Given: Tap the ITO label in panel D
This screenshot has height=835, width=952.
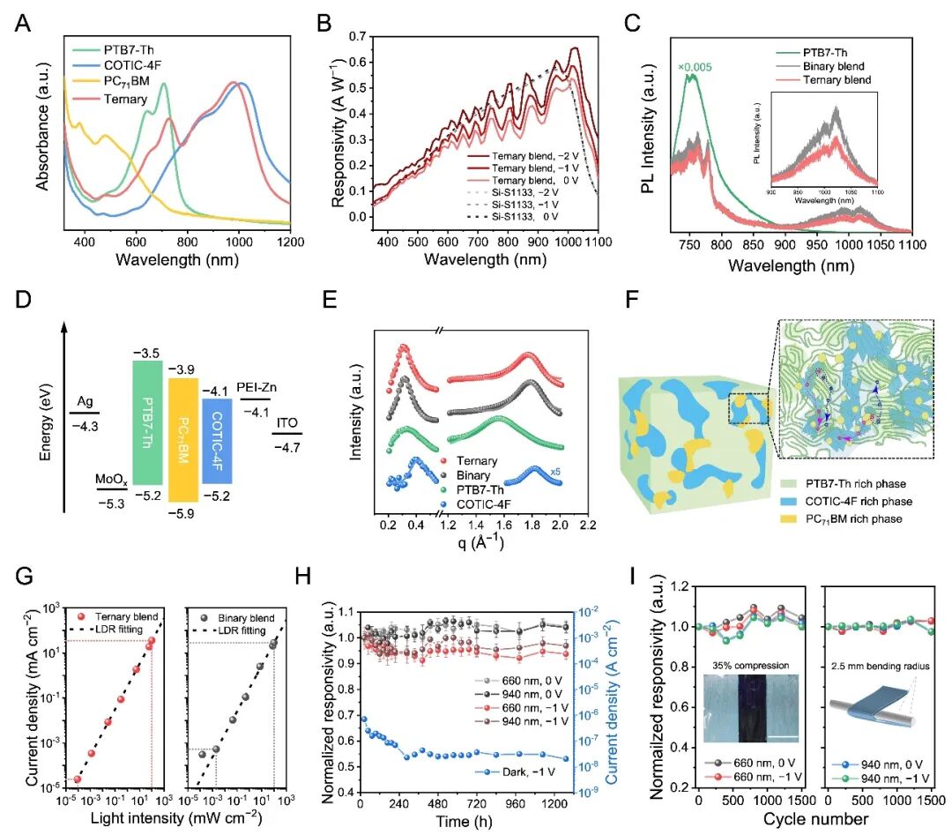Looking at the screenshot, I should tap(287, 424).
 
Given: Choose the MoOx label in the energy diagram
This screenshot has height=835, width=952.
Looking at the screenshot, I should tap(111, 479).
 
